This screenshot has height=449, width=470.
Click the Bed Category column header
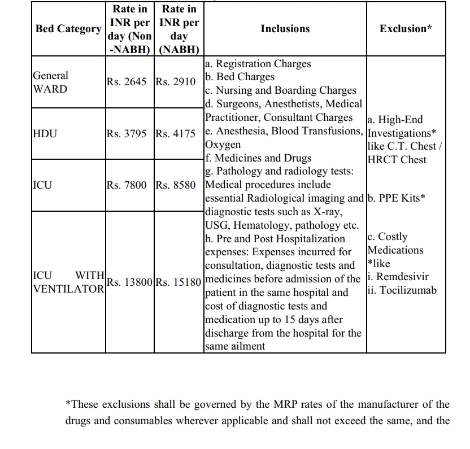pyautogui.click(x=68, y=29)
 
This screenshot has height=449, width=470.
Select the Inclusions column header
pyautogui.click(x=285, y=29)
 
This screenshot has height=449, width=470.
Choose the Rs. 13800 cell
pyautogui.click(x=130, y=282)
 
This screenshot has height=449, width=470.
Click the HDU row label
pyautogui.click(x=45, y=134)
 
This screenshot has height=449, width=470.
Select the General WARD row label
pyautogui.click(x=50, y=82)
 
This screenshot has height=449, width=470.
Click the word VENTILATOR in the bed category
pyautogui.click(x=68, y=289)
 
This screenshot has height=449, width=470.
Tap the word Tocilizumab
pyautogui.click(x=405, y=291)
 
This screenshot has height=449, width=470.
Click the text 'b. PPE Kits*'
pyautogui.click(x=395, y=198)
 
